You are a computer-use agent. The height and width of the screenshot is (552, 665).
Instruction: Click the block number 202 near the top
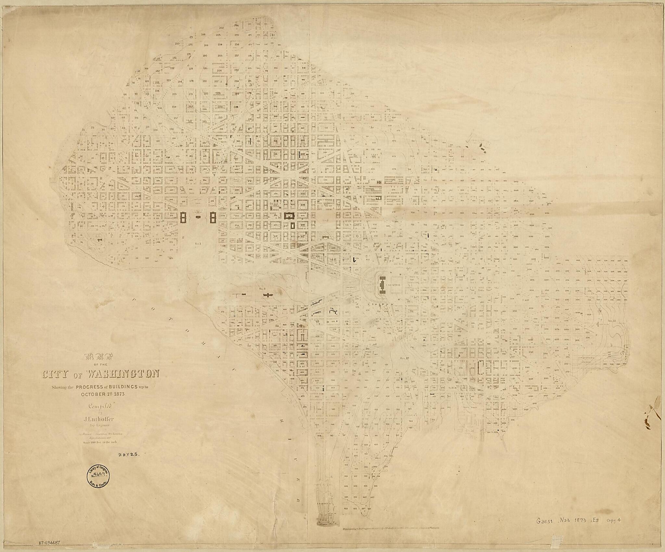pyautogui.click(x=222, y=28)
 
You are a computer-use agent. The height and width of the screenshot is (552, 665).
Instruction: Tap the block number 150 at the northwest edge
pyautogui.click(x=177, y=44)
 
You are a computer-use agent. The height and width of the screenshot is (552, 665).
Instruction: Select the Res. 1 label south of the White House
pyautogui.click(x=198, y=243)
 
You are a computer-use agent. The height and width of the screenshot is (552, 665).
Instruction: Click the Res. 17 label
pyautogui.click(x=405, y=358)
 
